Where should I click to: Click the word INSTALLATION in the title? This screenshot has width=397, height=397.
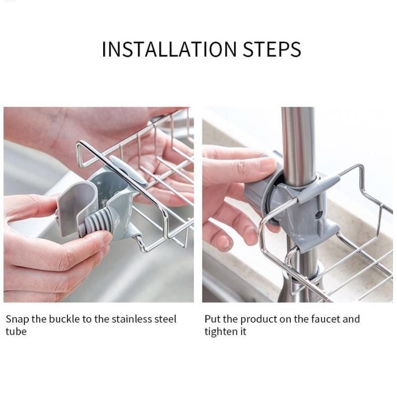(161, 49)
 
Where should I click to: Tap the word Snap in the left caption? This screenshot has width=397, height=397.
(18, 319)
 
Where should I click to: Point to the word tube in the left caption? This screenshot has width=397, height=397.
(16, 332)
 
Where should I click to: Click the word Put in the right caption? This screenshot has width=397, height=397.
(213, 319)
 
